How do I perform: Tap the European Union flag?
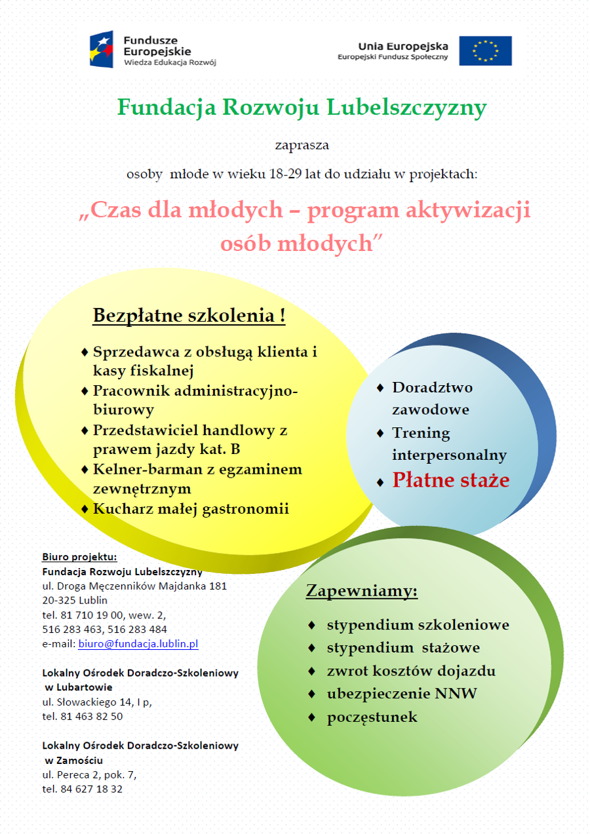tap(485, 50)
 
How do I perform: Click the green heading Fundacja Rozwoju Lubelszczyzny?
tap(302, 107)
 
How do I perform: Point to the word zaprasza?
tap(302, 145)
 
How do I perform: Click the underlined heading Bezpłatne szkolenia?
tap(189, 315)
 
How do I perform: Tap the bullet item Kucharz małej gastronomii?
tap(191, 508)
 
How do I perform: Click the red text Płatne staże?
tap(451, 480)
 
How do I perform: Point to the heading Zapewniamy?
tap(362, 591)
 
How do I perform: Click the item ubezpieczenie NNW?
tap(402, 693)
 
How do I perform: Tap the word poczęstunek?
tap(372, 717)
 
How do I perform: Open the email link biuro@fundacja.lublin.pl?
tap(138, 644)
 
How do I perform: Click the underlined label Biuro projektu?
tap(79, 557)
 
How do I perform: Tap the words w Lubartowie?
tap(79, 687)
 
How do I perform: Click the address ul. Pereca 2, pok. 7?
tap(90, 774)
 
